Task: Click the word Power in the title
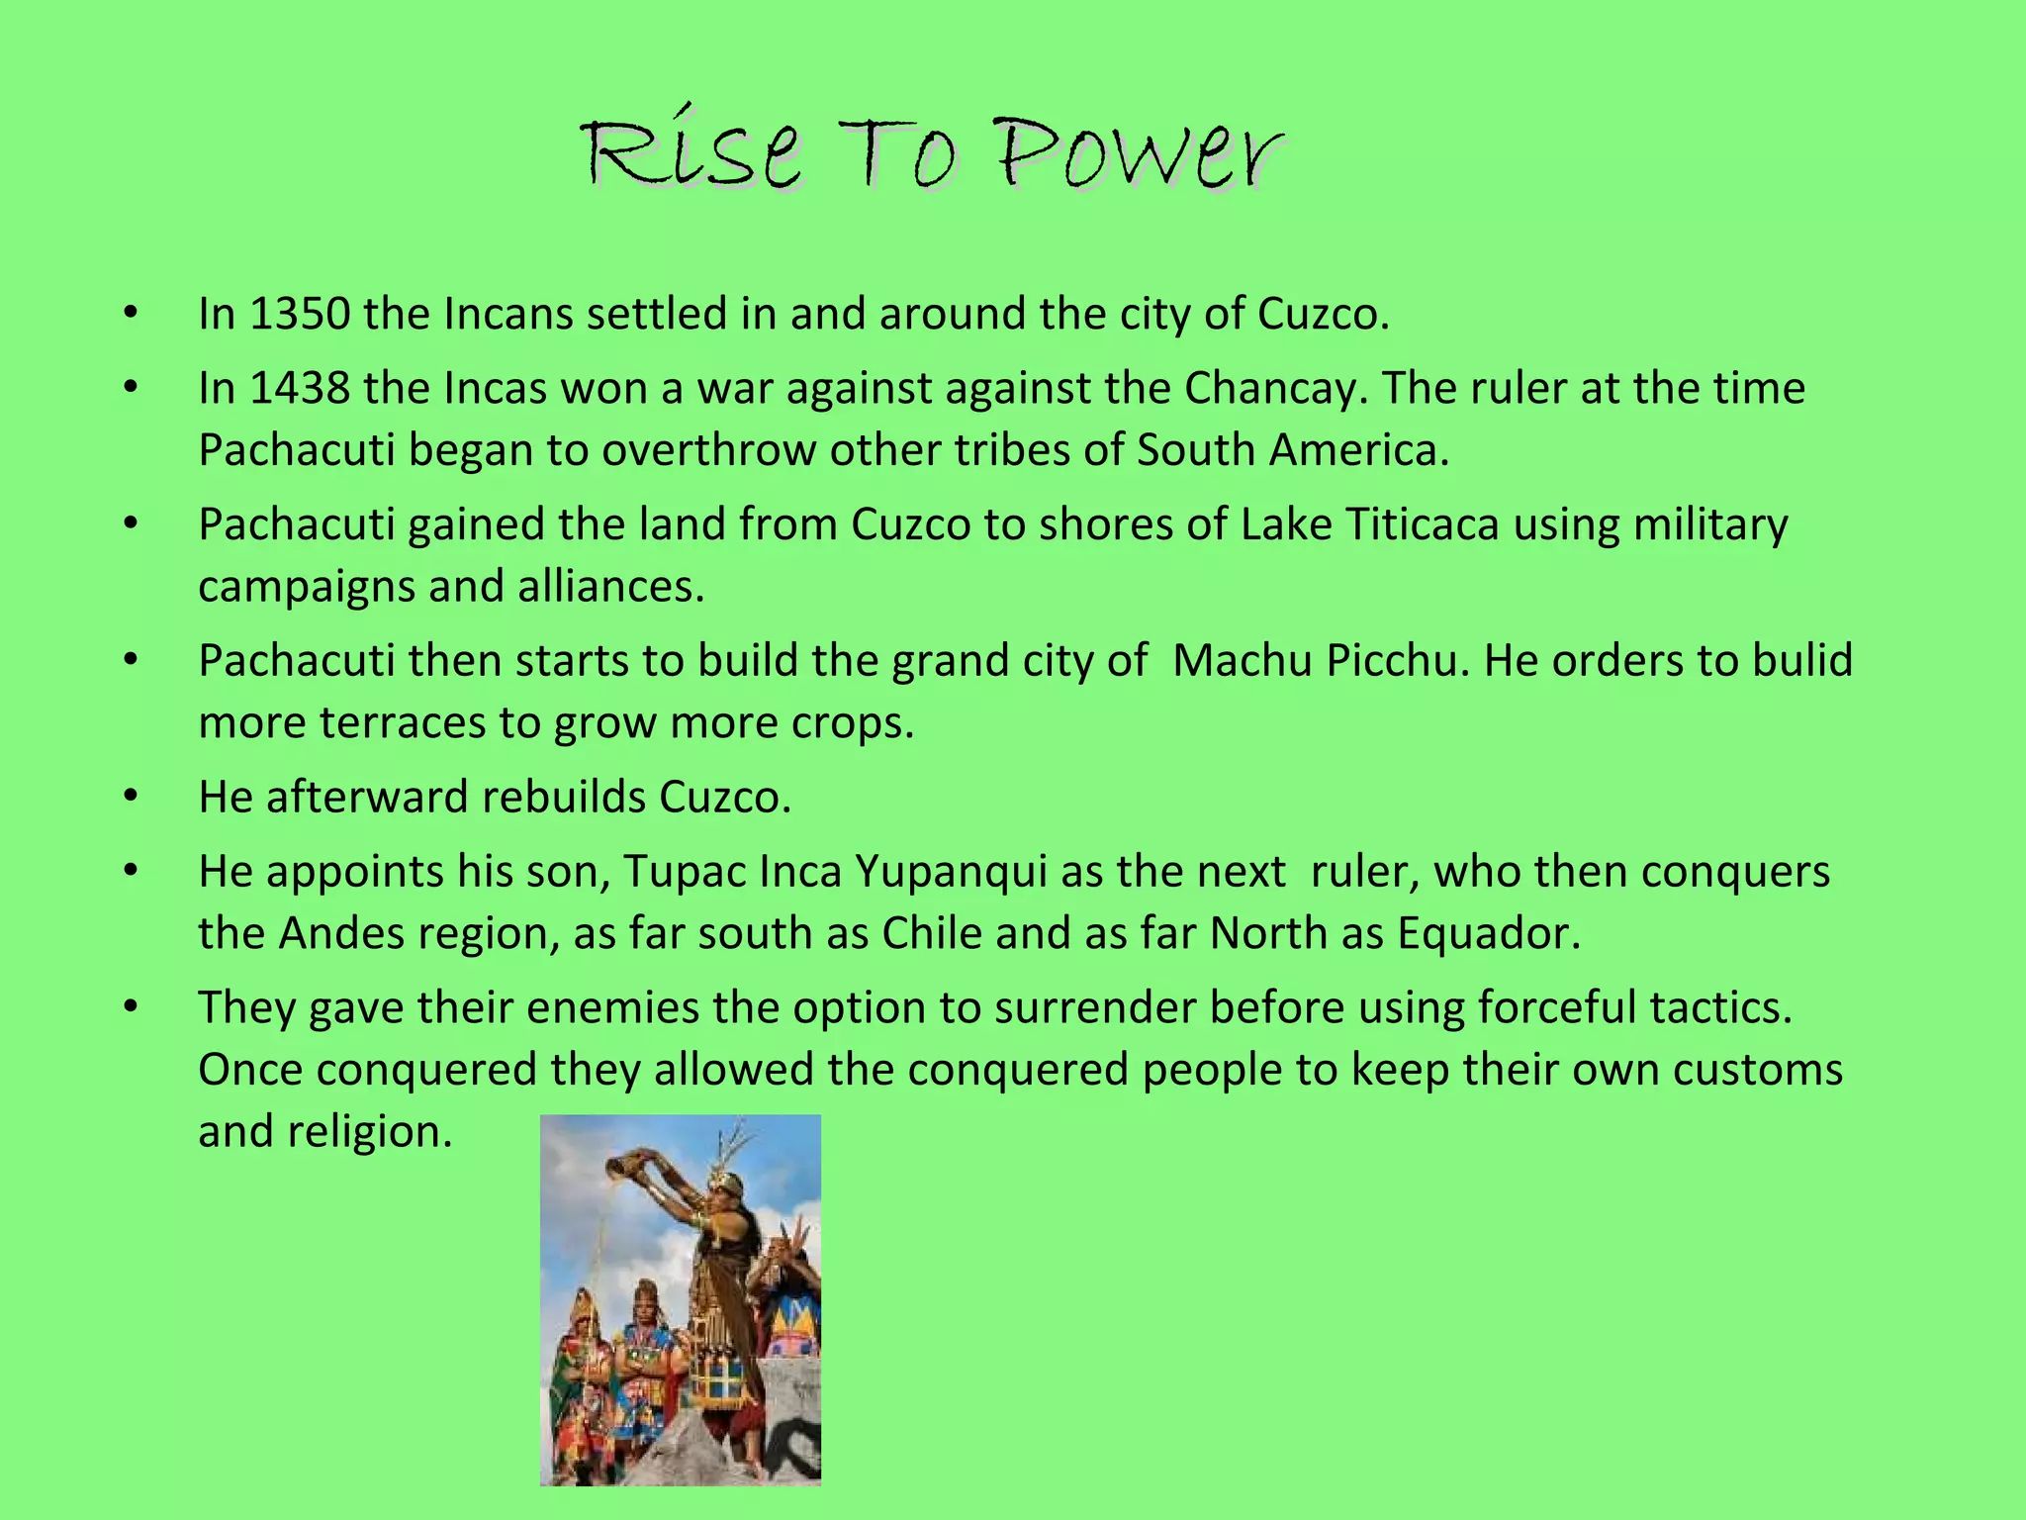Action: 1140,156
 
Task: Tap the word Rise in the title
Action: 691,156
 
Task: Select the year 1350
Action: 300,314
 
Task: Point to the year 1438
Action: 300,388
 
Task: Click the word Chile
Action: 932,933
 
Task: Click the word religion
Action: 370,1132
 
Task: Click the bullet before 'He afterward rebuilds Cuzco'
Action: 131,796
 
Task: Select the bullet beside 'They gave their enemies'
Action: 131,1007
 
